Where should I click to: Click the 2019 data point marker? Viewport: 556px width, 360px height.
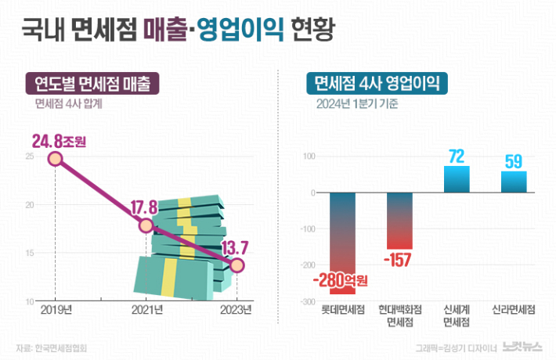[x=55, y=159]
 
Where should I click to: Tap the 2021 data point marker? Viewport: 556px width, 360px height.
[x=146, y=225]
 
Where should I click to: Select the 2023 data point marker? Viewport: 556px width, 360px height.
[x=237, y=265]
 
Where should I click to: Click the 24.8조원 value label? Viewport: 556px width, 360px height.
[x=59, y=142]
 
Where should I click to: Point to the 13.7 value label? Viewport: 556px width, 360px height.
[x=233, y=248]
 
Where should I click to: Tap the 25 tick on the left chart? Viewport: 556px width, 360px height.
[x=29, y=157]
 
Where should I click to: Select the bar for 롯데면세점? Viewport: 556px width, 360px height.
[x=341, y=231]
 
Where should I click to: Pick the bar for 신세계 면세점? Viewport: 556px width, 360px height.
[x=457, y=179]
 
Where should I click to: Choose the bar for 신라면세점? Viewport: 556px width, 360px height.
[x=514, y=182]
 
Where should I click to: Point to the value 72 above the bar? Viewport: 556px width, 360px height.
[x=457, y=157]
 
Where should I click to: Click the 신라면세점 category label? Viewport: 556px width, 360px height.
[x=514, y=310]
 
